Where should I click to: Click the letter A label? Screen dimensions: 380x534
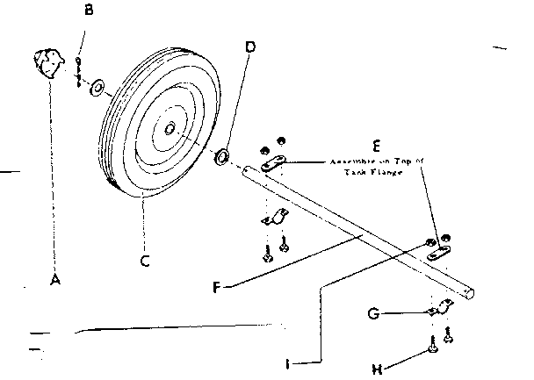(54, 279)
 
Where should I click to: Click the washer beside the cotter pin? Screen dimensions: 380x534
(97, 87)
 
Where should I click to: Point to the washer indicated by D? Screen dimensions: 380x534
(221, 157)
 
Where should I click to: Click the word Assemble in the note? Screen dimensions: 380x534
(352, 162)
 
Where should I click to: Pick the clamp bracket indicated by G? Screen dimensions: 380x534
(440, 310)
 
